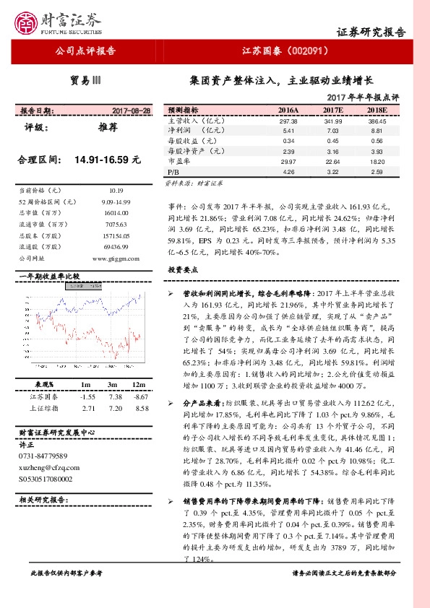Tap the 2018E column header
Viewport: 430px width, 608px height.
pos(377,110)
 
